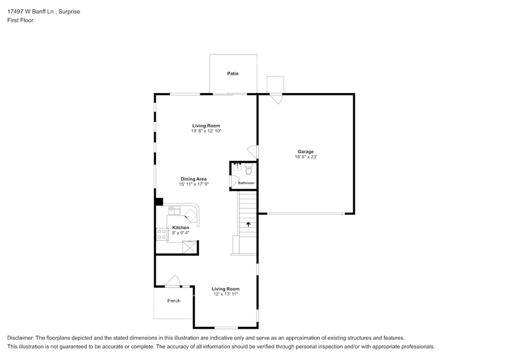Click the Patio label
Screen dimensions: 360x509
[233, 73]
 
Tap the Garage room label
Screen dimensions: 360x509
[306, 151]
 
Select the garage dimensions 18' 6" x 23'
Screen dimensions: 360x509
[306, 157]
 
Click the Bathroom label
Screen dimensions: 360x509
[246, 183]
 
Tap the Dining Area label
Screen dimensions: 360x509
[193, 179]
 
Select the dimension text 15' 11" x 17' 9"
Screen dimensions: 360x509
[193, 184]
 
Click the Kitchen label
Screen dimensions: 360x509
[181, 227]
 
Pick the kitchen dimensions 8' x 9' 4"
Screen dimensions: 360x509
[181, 233]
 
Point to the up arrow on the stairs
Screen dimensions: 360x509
[248, 225]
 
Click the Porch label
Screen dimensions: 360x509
[174, 301]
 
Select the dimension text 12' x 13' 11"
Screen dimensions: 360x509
[225, 294]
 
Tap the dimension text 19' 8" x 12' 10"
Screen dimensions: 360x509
[205, 131]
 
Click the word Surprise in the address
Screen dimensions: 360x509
[69, 12]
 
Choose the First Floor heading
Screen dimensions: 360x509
[20, 20]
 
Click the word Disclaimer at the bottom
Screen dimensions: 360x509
[21, 338]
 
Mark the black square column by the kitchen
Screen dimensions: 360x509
[159, 201]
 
